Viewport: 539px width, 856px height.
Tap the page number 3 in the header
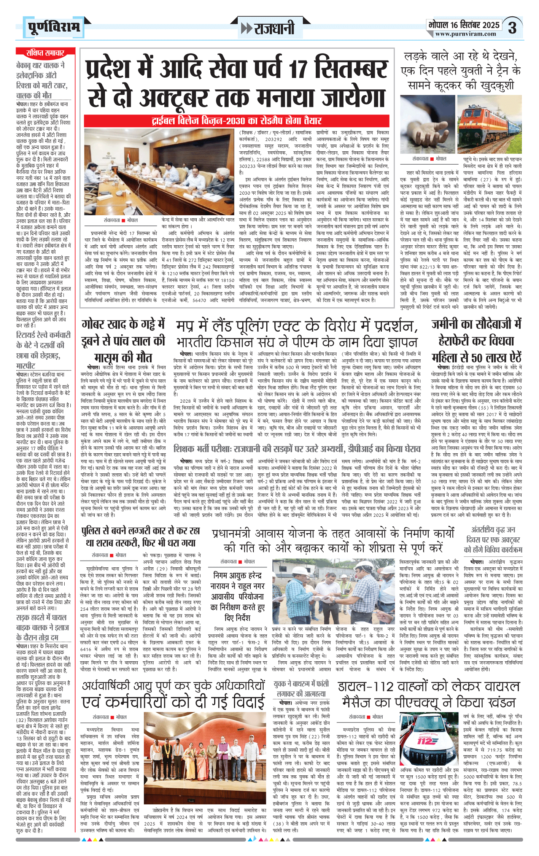512,28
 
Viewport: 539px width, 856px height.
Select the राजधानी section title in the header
269,28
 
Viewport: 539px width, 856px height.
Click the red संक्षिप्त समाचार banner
45,53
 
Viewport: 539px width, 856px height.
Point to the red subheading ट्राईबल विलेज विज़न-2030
236,121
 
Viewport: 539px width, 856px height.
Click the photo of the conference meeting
159,172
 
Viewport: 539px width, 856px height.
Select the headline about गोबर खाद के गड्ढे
124,341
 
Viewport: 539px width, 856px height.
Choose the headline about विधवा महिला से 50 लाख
476,341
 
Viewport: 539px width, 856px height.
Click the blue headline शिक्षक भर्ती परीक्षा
297,449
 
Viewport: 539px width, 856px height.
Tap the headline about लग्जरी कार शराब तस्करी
140,537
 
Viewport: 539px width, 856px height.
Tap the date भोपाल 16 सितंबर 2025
464,25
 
